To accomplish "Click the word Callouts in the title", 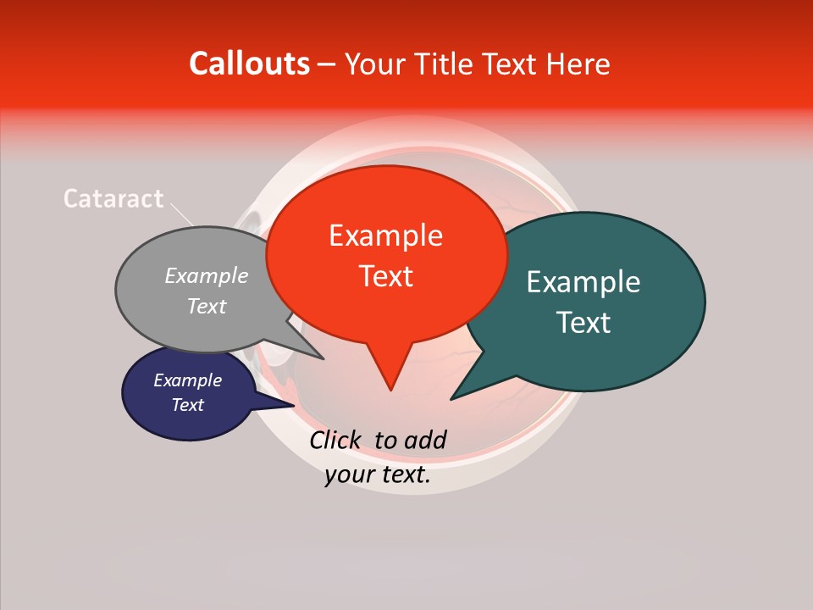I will pos(249,64).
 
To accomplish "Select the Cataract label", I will pos(113,198).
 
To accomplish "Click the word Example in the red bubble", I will pos(385,236).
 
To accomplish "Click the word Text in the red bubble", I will pos(385,276).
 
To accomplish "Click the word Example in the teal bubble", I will pos(583,282).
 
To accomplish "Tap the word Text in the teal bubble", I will pos(583,323).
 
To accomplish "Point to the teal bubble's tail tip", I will pos(452,398).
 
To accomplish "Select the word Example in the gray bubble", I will pos(206,276).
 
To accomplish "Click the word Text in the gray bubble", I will pos(206,307).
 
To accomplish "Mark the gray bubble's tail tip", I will pos(323,358).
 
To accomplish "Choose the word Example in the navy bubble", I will pos(187,380).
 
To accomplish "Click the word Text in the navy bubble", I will pos(187,405).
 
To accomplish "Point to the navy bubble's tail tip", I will pos(293,405).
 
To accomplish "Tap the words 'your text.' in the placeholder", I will pos(378,475).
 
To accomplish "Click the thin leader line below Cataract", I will pos(181,213).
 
